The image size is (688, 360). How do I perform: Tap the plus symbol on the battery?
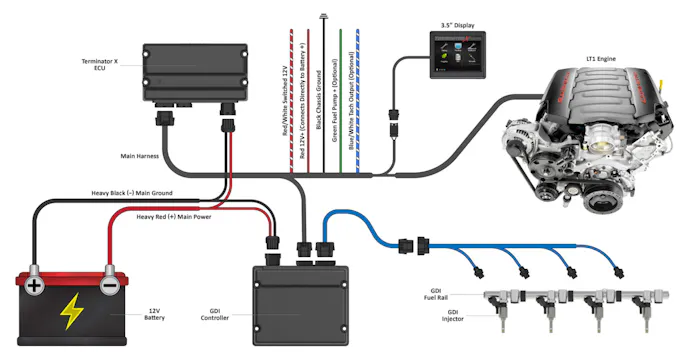[x=35, y=285]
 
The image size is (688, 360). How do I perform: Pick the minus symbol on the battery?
[x=108, y=285]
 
